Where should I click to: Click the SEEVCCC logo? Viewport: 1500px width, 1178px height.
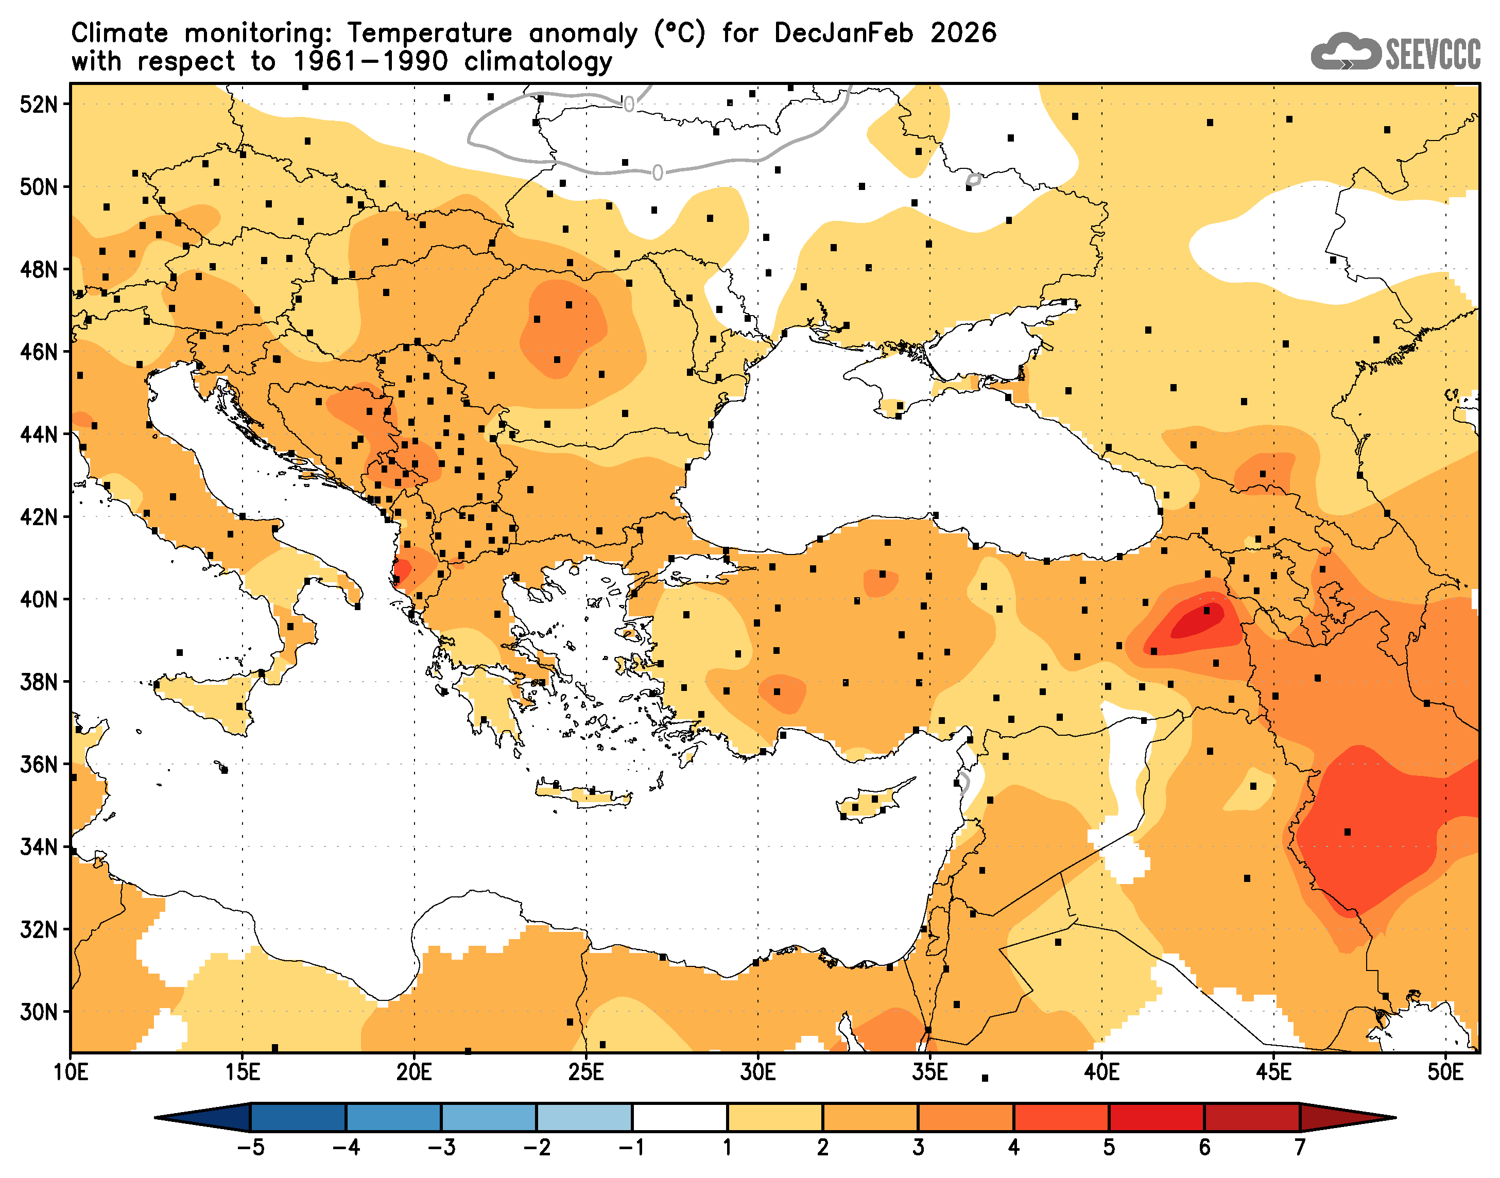coord(1394,51)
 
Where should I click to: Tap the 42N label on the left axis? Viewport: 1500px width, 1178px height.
coord(39,516)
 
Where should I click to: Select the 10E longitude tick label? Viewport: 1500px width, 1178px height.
coord(71,1072)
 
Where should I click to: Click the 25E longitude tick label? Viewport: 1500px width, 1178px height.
coord(585,1072)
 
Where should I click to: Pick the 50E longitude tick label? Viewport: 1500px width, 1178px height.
coord(1445,1072)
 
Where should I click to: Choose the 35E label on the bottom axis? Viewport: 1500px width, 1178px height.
coord(929,1072)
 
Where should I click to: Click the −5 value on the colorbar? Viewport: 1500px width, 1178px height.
coord(250,1147)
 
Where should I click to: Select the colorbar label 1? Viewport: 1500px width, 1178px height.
coord(727,1147)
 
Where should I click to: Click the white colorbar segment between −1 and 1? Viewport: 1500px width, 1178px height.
coord(679,1117)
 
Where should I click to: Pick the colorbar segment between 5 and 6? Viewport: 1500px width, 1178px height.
coord(1156,1117)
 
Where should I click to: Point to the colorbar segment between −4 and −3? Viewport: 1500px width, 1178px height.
coord(393,1117)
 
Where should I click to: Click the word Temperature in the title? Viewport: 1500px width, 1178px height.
coord(429,33)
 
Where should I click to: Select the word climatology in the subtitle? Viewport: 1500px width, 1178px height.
coord(538,62)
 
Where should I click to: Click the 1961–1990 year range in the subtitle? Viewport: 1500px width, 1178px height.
coord(370,62)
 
